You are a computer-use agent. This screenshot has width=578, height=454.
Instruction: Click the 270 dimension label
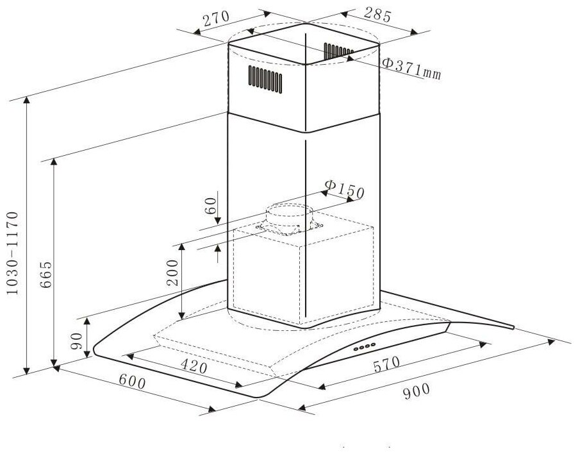point(217,20)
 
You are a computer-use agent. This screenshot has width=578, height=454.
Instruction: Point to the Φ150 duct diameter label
point(344,189)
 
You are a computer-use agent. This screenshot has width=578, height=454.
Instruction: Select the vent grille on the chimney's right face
point(338,49)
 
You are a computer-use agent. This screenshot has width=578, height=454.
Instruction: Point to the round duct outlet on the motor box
point(289,216)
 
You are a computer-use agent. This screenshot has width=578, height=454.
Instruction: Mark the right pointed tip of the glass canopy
point(513,328)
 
